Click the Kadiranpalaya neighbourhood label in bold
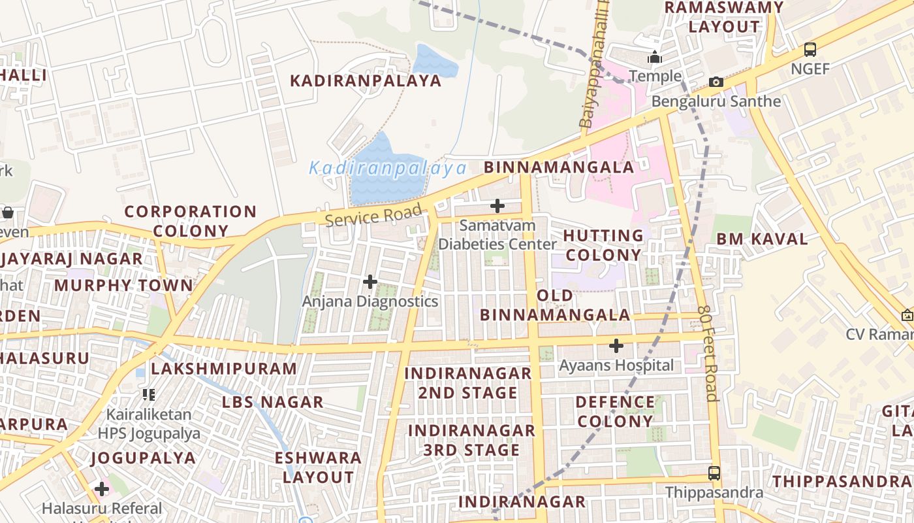(366, 81)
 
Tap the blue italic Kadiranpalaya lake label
(388, 169)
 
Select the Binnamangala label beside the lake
(559, 167)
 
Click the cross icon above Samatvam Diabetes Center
(497, 206)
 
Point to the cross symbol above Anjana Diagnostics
(370, 282)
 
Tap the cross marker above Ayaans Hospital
(616, 345)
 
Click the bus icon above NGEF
(810, 50)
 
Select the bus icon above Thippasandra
(714, 473)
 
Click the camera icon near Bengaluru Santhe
(716, 82)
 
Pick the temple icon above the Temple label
(655, 58)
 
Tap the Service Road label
(373, 215)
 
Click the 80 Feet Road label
(708, 353)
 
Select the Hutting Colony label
(603, 245)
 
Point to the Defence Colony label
(616, 411)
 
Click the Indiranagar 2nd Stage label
(468, 383)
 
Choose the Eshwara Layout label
(318, 467)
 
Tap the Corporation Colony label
(191, 221)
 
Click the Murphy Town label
(124, 286)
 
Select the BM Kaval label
(762, 239)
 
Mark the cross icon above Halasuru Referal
(102, 489)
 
